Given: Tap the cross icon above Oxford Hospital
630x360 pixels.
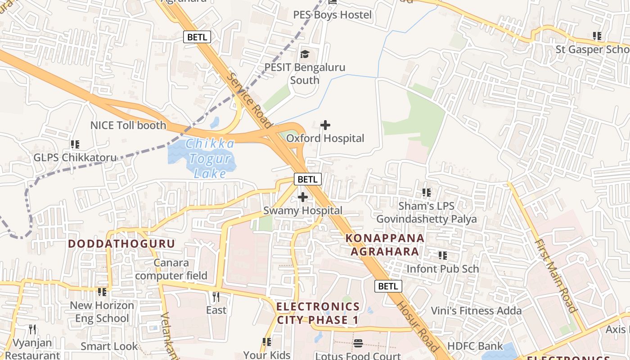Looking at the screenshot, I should pos(325,125).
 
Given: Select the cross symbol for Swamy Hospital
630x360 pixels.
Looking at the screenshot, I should pos(303,197).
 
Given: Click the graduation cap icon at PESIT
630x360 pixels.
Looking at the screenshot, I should pos(305,54).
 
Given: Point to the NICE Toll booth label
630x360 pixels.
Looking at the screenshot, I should pos(128,126).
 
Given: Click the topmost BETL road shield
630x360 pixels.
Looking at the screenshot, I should pos(197,37).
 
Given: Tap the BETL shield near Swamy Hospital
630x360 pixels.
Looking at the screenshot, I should pos(308,179).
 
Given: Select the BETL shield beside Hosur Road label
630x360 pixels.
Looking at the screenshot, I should pos(388,286).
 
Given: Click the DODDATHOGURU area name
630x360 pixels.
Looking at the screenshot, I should pos(121,244).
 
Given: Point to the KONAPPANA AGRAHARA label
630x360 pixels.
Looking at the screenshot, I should pos(385,245).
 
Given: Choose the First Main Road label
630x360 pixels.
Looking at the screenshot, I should pos(555,275).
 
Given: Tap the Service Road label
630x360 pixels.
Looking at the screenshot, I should pos(250,100).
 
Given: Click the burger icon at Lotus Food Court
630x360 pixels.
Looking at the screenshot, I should pos(358,343).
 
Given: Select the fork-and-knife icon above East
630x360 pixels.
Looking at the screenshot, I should pos(216,297).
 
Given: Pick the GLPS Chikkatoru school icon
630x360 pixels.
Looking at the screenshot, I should pos(75,144).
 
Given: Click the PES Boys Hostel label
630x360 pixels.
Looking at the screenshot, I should pos(333,15).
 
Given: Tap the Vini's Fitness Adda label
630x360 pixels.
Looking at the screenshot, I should pos(476,310).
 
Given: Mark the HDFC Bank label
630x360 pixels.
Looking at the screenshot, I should pos(475,346).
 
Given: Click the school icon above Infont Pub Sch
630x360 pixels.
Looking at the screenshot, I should pos(443,256).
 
